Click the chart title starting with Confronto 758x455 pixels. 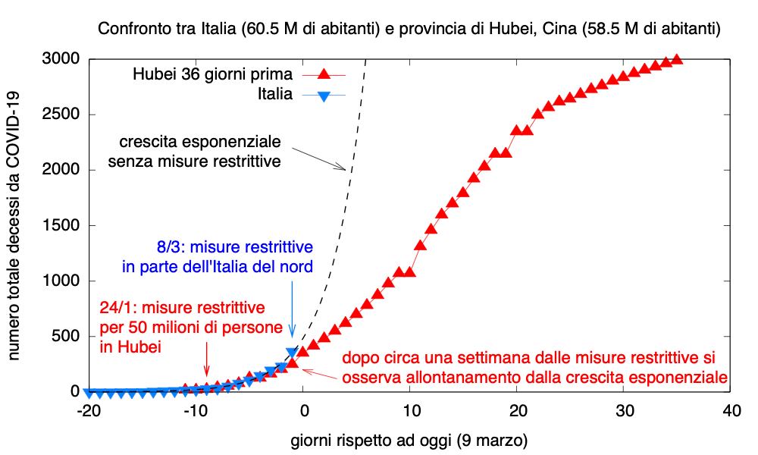click(409, 30)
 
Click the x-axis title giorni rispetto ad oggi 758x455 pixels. click(409, 441)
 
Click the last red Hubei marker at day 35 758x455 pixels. click(677, 59)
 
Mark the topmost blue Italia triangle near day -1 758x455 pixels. click(292, 353)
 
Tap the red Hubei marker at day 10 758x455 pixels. click(410, 271)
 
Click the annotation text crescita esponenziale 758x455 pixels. click(200, 142)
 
